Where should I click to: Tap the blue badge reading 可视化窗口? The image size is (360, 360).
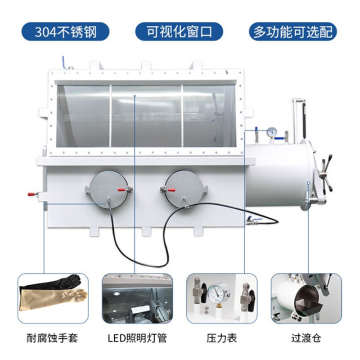click(180, 32)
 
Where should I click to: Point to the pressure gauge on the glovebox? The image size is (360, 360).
click(271, 132)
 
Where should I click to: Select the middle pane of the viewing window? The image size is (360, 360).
click(146, 116)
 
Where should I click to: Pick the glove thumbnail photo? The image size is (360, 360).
click(53, 298)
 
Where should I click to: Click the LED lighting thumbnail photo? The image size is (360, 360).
click(137, 298)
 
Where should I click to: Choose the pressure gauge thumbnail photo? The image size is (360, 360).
click(221, 298)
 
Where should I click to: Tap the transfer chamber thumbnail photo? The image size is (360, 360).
click(305, 298)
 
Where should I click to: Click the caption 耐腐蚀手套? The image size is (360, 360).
click(53, 337)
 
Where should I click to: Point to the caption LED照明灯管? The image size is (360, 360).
click(137, 337)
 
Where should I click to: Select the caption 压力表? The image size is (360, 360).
click(221, 337)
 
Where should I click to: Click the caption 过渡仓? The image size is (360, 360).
click(305, 337)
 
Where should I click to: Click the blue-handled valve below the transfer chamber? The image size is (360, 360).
click(252, 220)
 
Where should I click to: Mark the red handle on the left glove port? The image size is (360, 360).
click(122, 190)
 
